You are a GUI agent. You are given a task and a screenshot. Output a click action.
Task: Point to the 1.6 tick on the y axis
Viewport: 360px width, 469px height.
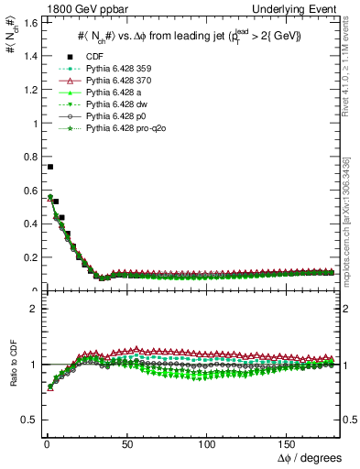tap(27, 22)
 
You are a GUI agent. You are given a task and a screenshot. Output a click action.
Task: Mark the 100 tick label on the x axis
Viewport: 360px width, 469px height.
tap(207, 444)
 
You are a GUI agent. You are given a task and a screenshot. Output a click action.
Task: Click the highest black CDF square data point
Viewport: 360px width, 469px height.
tap(49, 167)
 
